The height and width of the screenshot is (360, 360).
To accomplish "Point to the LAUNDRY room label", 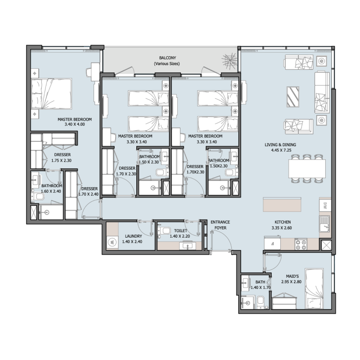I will [x=134, y=236].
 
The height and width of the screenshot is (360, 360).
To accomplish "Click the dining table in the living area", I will [x=307, y=168].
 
